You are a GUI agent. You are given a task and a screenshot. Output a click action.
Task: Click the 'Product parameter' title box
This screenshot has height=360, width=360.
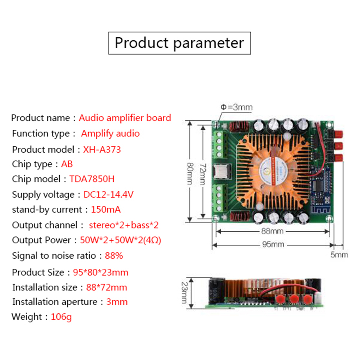(180, 43)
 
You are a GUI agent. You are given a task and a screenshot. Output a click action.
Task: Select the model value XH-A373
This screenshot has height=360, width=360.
(102, 150)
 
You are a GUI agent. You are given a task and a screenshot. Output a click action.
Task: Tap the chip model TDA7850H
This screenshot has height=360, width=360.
(92, 179)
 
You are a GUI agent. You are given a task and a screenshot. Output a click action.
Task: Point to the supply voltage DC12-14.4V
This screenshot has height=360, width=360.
(109, 194)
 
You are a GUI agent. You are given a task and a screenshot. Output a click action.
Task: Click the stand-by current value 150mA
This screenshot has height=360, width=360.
(106, 209)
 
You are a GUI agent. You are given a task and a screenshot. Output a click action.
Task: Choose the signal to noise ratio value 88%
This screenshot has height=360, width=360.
(114, 255)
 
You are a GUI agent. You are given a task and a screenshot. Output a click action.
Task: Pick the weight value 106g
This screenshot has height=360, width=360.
(61, 317)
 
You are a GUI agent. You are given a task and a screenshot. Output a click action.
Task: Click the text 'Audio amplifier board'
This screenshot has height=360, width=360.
(125, 118)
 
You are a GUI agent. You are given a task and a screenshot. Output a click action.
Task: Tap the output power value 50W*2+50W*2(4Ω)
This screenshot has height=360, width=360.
(120, 240)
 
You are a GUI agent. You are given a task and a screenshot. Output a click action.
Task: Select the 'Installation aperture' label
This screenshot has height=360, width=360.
(55, 302)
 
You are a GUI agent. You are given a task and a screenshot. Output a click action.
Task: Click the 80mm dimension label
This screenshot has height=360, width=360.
(190, 174)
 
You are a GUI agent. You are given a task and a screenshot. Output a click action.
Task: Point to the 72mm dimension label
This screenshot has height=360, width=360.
(203, 174)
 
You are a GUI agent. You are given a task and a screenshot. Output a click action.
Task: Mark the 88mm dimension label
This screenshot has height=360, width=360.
(272, 231)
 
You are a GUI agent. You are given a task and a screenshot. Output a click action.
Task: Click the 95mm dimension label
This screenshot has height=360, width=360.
(273, 245)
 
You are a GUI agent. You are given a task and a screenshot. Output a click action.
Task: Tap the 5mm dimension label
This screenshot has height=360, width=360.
(339, 255)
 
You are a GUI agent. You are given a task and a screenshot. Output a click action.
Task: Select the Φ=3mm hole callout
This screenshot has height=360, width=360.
(236, 107)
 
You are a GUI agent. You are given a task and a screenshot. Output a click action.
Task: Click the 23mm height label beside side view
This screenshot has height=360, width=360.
(184, 293)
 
